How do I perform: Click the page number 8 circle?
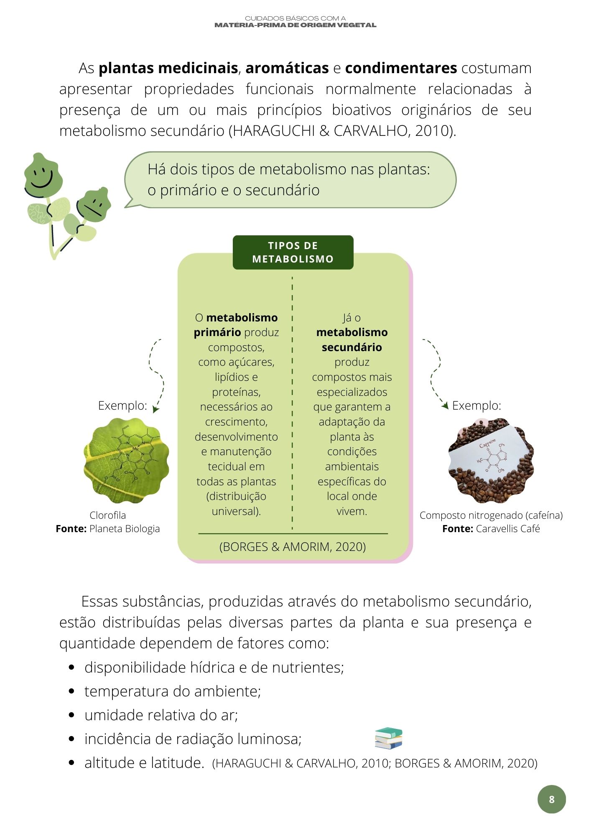point(551,799)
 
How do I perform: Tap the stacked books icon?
point(388,738)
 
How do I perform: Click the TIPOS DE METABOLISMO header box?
point(293,252)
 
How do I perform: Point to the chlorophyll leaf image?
point(126,461)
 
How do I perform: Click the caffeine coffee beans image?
point(491,461)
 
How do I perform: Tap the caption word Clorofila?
point(107,515)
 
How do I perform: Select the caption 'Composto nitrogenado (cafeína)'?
point(491,515)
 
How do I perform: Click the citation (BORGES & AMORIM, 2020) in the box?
point(293,547)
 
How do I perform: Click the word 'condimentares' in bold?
point(401,68)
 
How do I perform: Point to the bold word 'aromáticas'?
point(287,68)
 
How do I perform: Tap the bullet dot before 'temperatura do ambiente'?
point(72,692)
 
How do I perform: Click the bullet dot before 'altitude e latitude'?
point(72,763)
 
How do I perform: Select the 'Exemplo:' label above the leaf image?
point(122,405)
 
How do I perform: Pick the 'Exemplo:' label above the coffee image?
point(476,405)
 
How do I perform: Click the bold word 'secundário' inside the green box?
point(352,347)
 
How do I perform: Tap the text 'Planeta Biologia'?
point(125,529)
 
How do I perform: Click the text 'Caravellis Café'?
point(508,529)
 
